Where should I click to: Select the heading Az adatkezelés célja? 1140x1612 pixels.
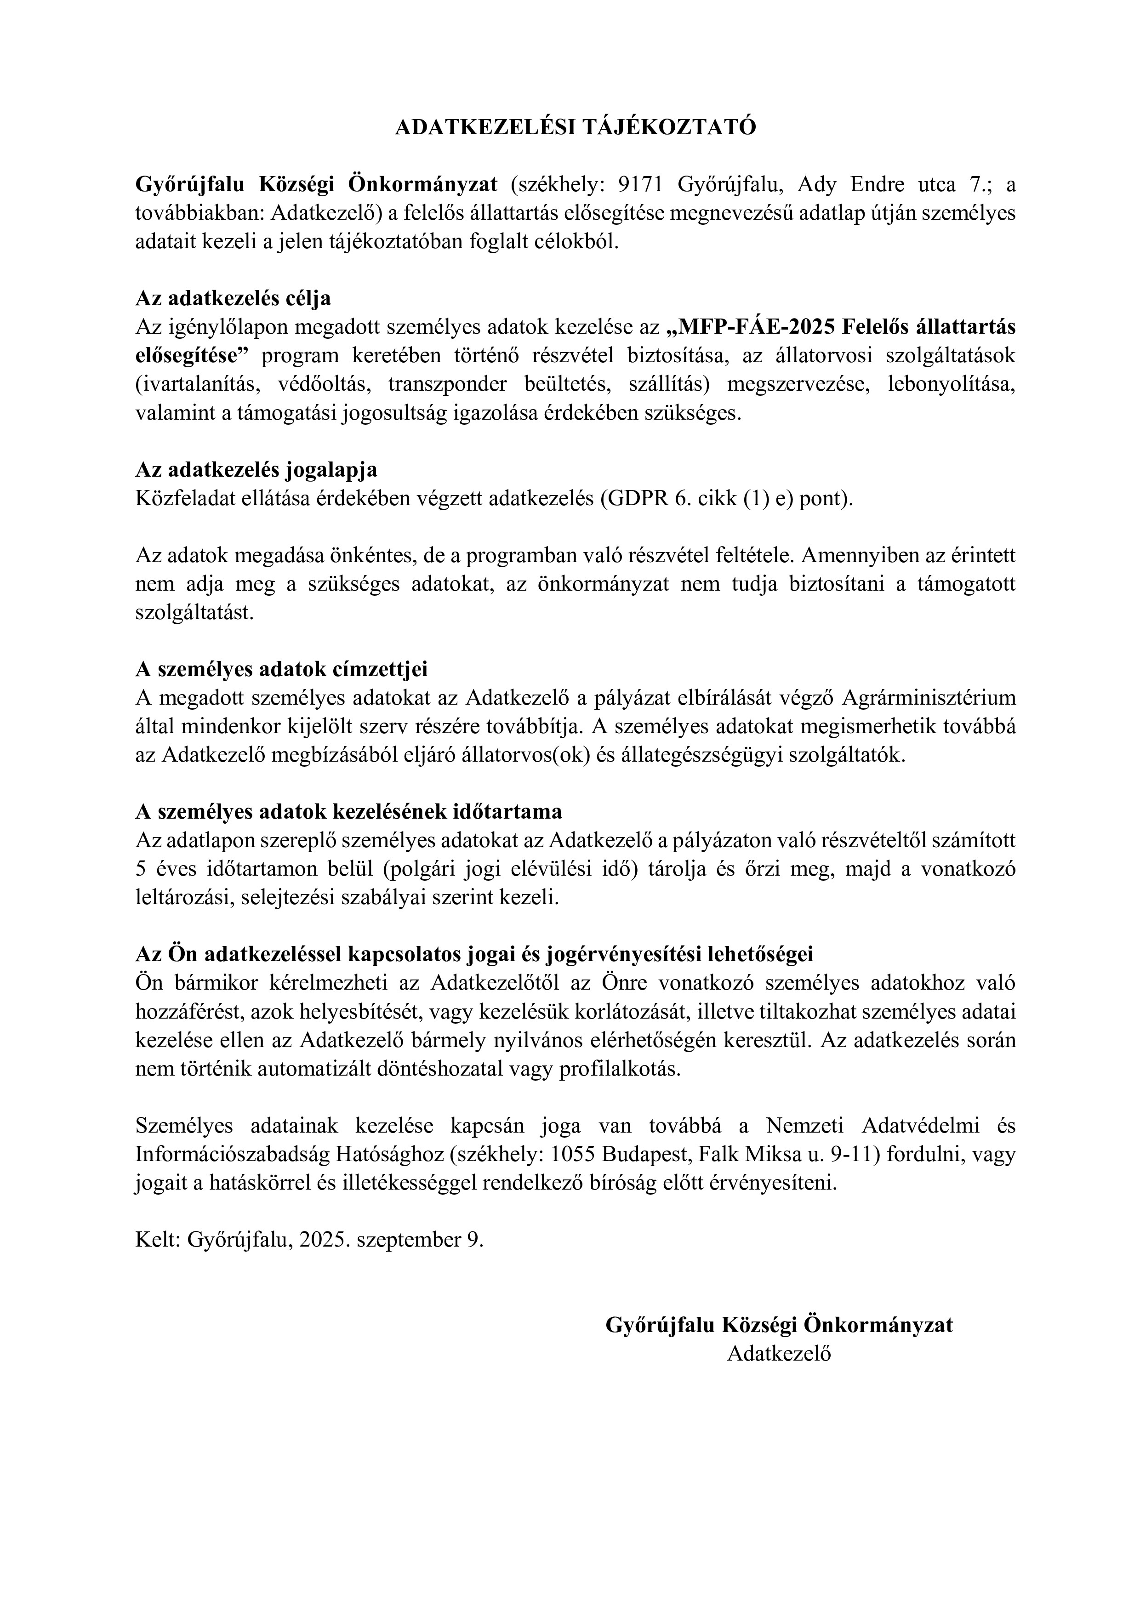point(233,298)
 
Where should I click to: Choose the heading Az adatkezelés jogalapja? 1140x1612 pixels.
point(256,470)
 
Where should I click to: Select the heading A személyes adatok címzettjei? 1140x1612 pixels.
point(281,669)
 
